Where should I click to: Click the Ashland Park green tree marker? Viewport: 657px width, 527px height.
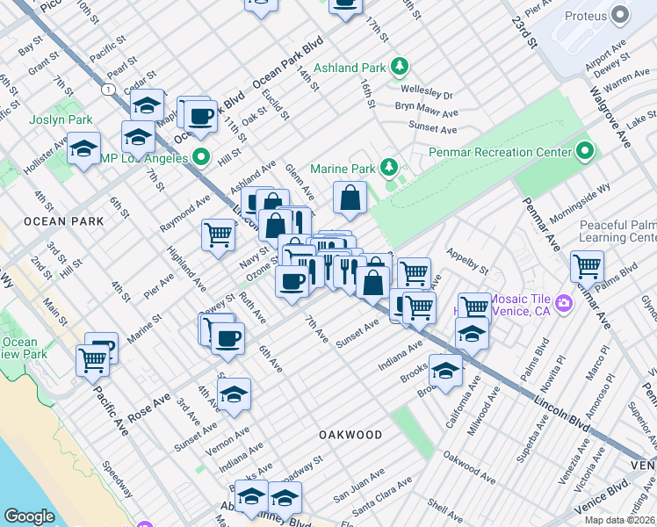[401, 67]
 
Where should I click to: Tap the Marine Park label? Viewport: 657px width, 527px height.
[343, 168]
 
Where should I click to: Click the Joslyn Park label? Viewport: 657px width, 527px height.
[61, 119]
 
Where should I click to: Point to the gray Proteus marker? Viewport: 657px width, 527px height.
[622, 15]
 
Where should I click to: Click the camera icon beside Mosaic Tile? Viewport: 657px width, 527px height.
[563, 304]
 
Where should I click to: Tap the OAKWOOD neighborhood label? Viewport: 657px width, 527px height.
[350, 435]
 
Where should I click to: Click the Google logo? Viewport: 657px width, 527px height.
[29, 516]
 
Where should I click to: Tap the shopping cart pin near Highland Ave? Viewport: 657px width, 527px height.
[218, 235]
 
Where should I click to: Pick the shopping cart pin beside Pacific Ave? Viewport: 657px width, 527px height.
[92, 358]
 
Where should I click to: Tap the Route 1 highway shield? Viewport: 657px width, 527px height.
[108, 90]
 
